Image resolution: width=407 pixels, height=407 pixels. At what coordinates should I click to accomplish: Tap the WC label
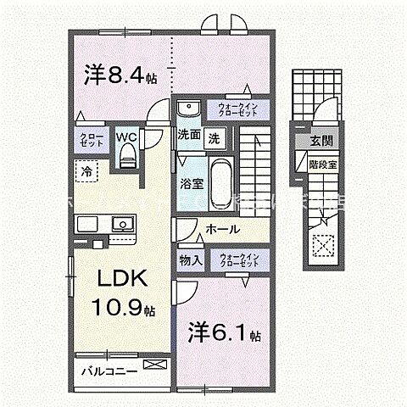coord(126,136)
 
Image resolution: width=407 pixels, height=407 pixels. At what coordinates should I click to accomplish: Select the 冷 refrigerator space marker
coord(88,170)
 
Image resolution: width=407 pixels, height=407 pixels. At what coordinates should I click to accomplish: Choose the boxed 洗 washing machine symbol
coord(215,136)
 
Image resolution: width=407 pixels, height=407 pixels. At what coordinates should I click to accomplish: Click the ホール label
coord(223,230)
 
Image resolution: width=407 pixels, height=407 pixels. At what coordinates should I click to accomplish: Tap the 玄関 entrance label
coord(321,141)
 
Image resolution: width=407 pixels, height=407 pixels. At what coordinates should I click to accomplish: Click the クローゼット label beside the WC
coord(92,141)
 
